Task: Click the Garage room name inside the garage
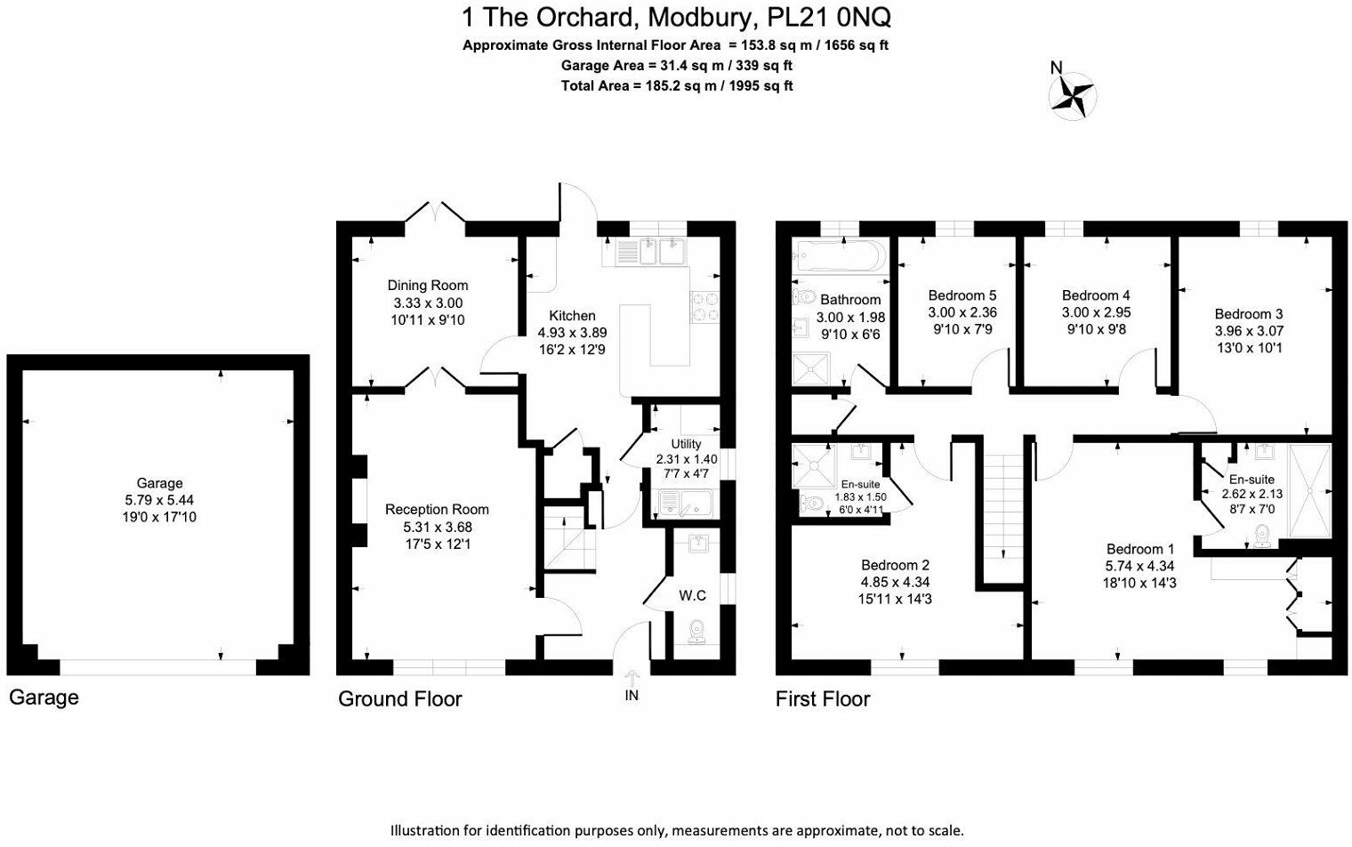tap(160, 483)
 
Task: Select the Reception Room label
tap(437, 510)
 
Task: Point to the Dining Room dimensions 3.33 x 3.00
tap(428, 302)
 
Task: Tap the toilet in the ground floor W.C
tap(697, 630)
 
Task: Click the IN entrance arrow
tap(632, 682)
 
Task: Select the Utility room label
tap(686, 444)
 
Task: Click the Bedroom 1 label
tap(1140, 549)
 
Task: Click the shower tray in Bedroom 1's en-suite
tap(1311, 492)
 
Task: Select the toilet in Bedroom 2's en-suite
tap(811, 504)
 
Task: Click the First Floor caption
tap(823, 699)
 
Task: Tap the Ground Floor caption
tap(399, 699)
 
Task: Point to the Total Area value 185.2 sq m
tap(680, 86)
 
